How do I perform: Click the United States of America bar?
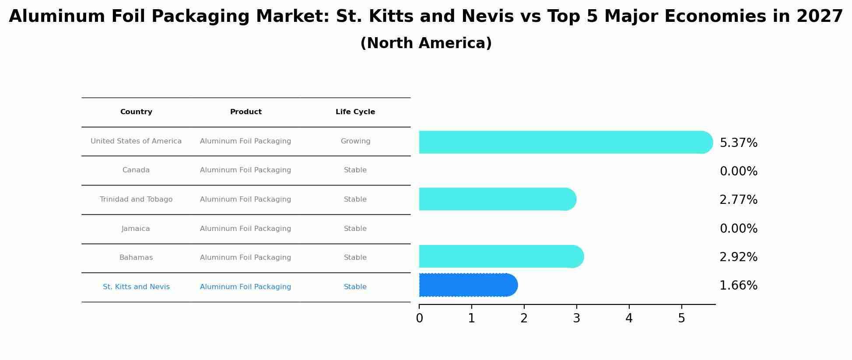[x=564, y=142]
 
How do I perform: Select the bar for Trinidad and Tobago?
[x=497, y=199]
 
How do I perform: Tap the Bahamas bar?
[x=501, y=256]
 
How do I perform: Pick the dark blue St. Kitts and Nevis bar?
[x=467, y=285]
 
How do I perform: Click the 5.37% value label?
[x=738, y=143]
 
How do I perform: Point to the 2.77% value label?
[x=738, y=200]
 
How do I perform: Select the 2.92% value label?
[x=738, y=257]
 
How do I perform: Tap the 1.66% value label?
[x=738, y=286]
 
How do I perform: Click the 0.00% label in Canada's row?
[x=738, y=171]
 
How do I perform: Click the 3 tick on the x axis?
[x=576, y=318]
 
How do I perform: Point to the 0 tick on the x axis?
[x=419, y=318]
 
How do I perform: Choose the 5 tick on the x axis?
[x=681, y=318]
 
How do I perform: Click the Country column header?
[x=136, y=112]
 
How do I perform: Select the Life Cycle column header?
[x=355, y=112]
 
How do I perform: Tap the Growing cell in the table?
[x=355, y=141]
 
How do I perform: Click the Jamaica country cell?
[x=136, y=229]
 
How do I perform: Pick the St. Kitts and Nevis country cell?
[x=136, y=287]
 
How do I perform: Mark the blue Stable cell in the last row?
[x=355, y=287]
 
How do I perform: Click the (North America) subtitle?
[x=426, y=43]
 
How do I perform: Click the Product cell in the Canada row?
[x=245, y=170]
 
